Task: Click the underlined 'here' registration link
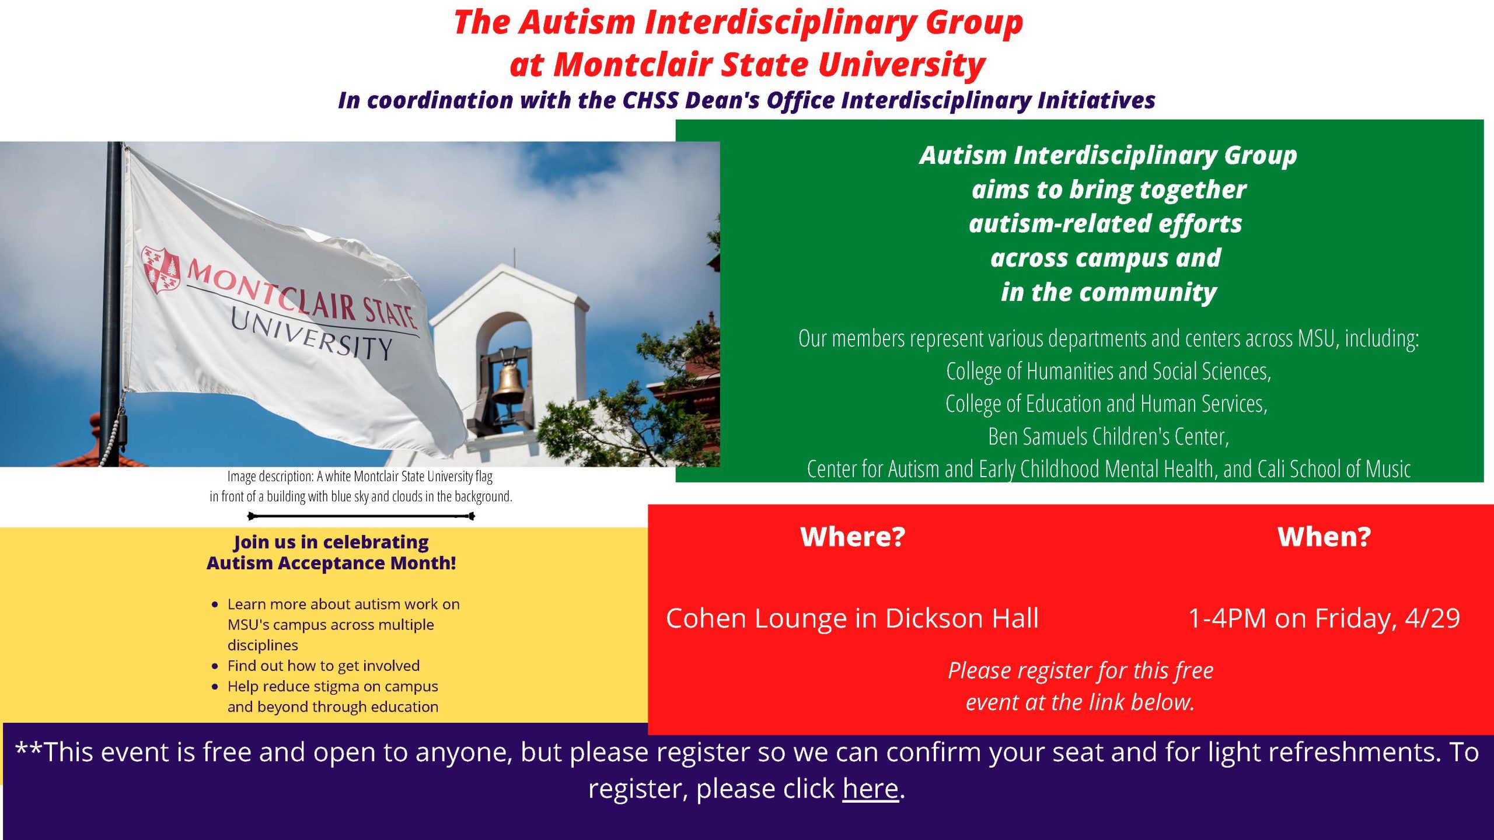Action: pyautogui.click(x=870, y=789)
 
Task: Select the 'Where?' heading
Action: pyautogui.click(x=853, y=537)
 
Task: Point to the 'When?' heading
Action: pyautogui.click(x=1324, y=537)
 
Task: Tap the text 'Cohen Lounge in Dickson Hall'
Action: pyautogui.click(x=853, y=618)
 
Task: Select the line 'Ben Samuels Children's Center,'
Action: pyautogui.click(x=1109, y=436)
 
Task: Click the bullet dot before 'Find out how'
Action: pyautogui.click(x=215, y=666)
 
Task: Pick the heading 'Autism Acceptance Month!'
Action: pyautogui.click(x=331, y=563)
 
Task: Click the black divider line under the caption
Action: pyautogui.click(x=361, y=516)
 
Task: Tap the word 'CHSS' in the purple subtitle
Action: pyautogui.click(x=651, y=100)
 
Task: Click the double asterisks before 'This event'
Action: pyautogui.click(x=29, y=748)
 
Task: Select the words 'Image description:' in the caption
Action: pyautogui.click(x=271, y=477)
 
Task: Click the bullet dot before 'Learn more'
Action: pyautogui.click(x=215, y=604)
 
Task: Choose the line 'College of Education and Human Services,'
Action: pyautogui.click(x=1106, y=404)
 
